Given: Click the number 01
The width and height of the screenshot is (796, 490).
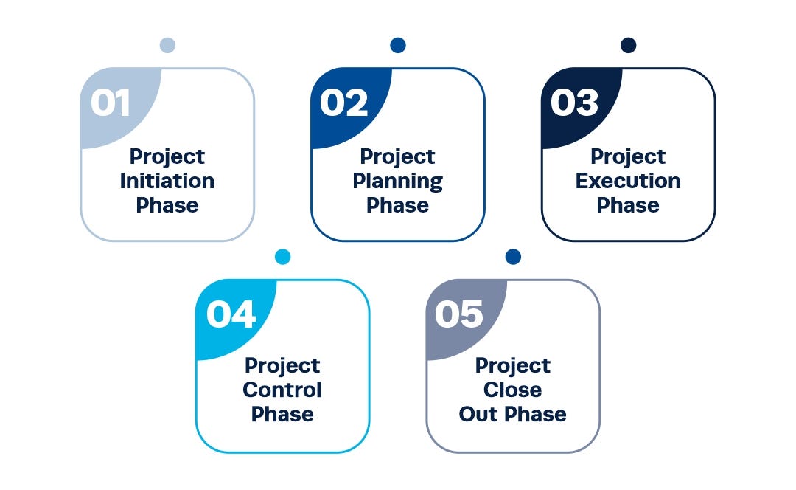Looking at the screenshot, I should tap(111, 103).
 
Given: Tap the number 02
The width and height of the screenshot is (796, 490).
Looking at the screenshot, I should tap(343, 103).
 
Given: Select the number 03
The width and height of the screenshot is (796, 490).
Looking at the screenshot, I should tap(574, 103).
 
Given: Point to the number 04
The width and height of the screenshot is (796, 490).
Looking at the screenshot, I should tap(231, 314).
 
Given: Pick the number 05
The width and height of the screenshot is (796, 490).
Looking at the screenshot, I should tap(458, 314).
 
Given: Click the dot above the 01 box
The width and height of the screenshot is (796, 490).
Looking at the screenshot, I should tap(167, 46).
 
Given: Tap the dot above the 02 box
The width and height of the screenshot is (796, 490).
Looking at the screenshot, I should tap(398, 46).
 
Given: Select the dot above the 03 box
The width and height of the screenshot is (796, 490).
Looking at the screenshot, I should tap(628, 46).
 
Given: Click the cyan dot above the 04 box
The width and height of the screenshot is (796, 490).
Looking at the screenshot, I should tap(282, 257).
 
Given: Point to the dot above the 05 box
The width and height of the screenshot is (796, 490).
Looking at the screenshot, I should tap(513, 257).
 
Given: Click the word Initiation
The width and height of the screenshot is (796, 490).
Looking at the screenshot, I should tap(167, 181).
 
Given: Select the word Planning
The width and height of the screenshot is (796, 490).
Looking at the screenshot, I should tap(398, 181).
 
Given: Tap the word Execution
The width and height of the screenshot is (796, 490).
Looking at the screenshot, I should tap(628, 181).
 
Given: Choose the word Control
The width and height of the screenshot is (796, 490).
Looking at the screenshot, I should tap(282, 390).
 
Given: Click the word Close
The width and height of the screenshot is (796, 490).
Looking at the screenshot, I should tap(513, 390).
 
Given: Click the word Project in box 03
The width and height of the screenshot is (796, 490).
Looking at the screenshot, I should tap(628, 156).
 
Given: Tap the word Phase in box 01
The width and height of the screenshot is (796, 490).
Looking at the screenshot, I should tap(167, 205).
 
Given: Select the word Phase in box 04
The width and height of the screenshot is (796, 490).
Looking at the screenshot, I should tap(282, 414).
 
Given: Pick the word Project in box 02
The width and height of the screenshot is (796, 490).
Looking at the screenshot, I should tap(398, 156).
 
